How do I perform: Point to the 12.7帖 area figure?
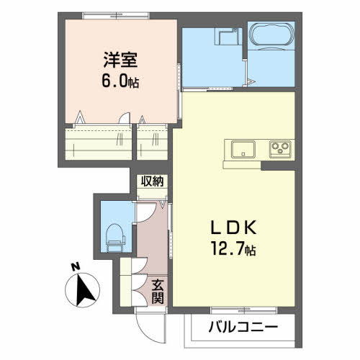(x=232, y=251)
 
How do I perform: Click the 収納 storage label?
(x=151, y=181)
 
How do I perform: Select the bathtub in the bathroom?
(x=270, y=34)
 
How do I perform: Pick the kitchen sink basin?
(x=243, y=150)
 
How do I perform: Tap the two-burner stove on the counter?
(x=279, y=150)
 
